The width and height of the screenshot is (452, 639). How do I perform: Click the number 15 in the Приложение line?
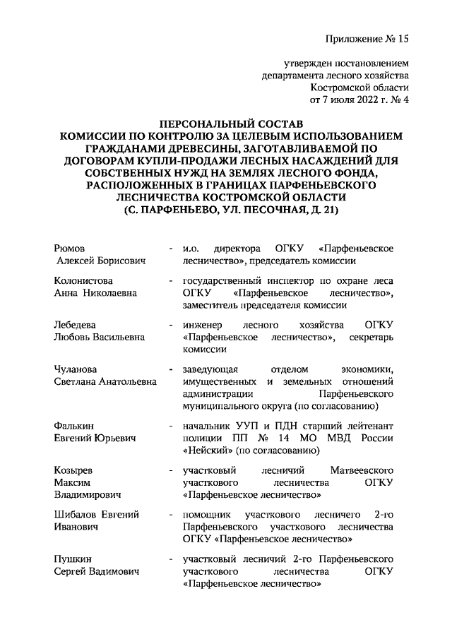(403, 38)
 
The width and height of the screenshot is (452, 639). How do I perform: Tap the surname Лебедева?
(75, 324)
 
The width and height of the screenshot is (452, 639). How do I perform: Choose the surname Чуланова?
(76, 370)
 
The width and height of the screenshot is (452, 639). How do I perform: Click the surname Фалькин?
(74, 425)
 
